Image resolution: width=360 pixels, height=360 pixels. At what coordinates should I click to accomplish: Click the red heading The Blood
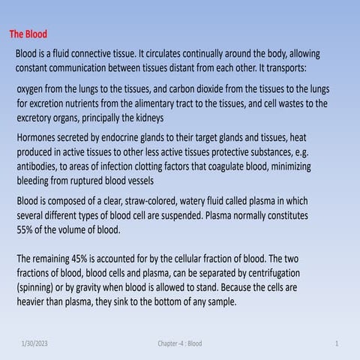(28, 34)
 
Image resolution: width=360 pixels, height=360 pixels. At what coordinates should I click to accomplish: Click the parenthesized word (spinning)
(40, 287)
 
